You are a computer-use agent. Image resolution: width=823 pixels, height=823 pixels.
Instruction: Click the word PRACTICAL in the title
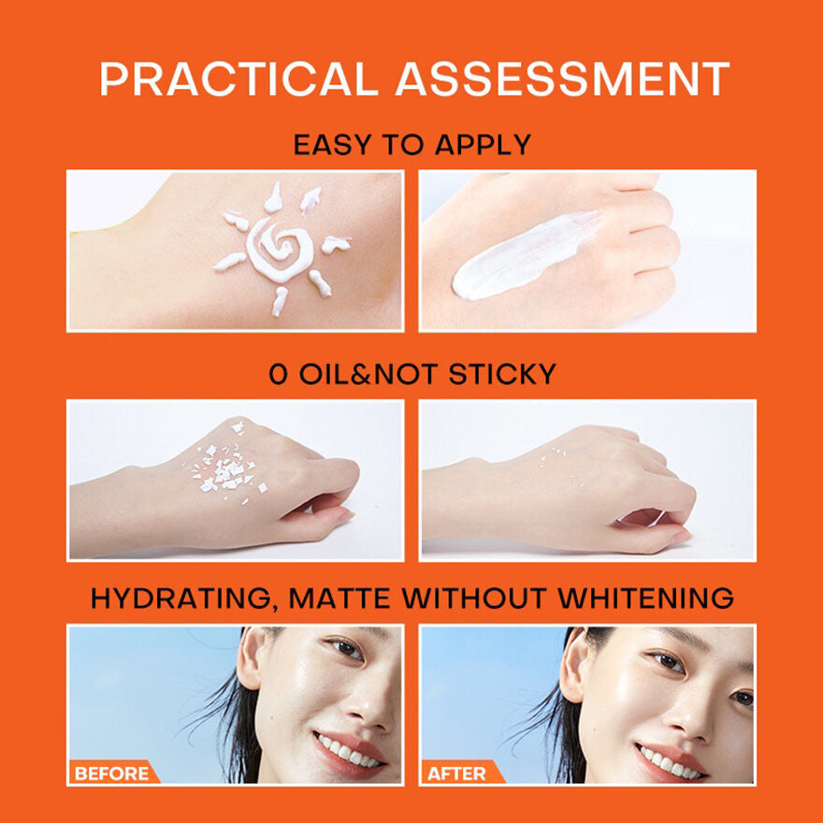(239, 79)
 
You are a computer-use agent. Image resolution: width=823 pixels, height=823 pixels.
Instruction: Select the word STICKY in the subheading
(502, 375)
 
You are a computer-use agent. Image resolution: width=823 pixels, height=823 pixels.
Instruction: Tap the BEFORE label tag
(111, 773)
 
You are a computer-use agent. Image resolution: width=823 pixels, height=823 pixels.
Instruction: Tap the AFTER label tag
(456, 773)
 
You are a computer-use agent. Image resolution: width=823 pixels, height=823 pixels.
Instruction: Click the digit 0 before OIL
(279, 375)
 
